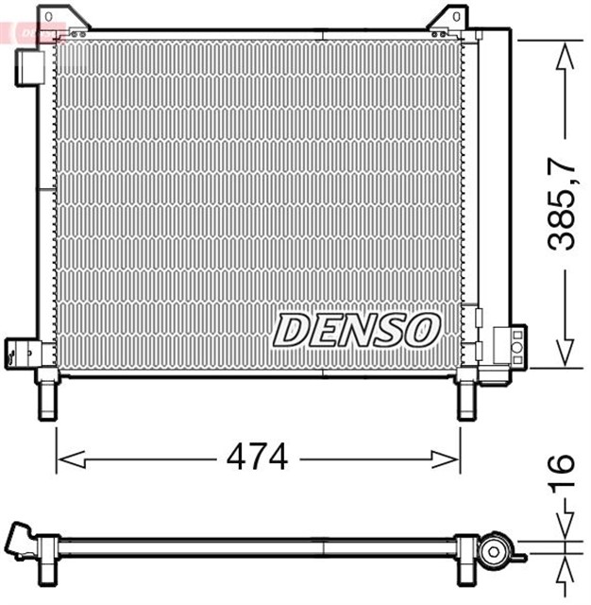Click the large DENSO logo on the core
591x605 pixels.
point(358,330)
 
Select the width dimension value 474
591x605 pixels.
point(257,458)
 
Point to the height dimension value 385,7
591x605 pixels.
point(563,203)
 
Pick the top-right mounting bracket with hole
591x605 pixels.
point(447,19)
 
